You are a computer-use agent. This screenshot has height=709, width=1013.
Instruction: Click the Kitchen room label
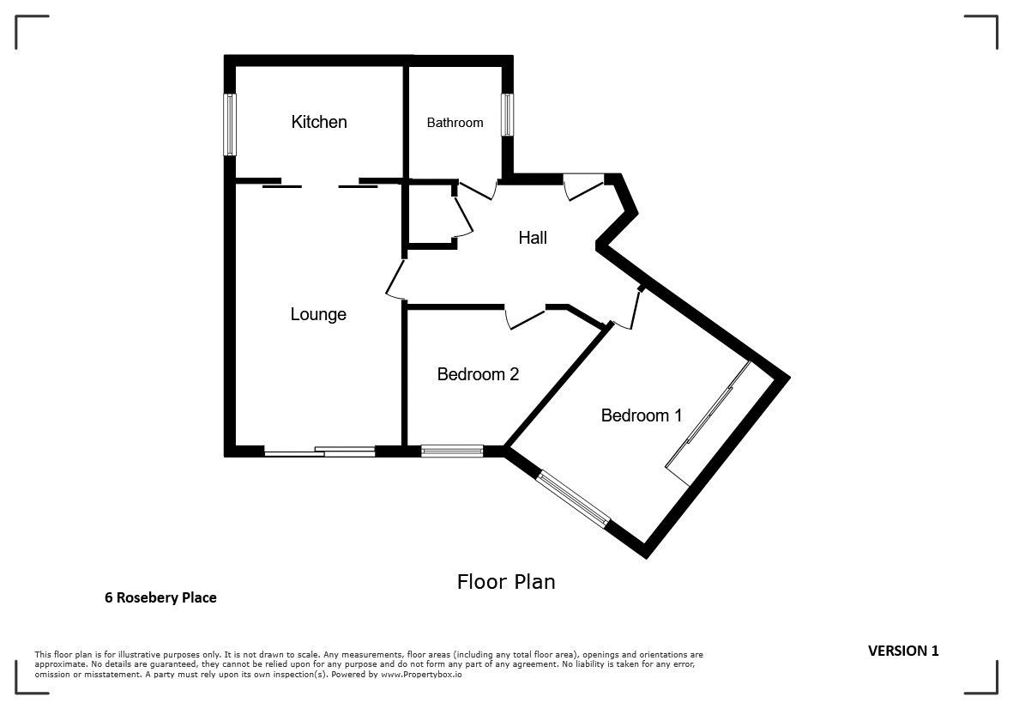[319, 122]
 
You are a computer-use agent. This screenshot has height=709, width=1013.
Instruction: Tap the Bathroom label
[455, 123]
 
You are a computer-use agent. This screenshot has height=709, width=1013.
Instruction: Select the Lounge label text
[318, 314]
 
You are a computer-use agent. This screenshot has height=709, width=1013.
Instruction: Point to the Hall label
[533, 238]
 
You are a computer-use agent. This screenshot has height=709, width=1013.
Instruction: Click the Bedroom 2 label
[478, 374]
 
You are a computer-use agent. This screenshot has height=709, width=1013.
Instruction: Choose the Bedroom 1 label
[642, 415]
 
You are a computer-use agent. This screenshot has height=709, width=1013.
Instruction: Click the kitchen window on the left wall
[229, 124]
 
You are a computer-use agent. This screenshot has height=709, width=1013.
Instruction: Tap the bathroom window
[508, 115]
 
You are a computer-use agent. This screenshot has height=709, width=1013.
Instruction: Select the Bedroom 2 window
[452, 451]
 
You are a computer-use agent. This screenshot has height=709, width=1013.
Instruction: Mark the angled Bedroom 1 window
[574, 499]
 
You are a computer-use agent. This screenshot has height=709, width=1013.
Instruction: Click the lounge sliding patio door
[320, 451]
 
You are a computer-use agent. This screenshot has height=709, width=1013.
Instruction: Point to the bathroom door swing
[478, 190]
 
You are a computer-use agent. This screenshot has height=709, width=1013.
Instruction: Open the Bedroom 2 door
[525, 318]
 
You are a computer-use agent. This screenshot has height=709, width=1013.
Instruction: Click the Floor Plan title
[506, 582]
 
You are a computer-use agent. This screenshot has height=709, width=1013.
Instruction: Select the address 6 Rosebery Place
[161, 597]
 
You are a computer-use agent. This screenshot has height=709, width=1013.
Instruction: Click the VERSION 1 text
[903, 651]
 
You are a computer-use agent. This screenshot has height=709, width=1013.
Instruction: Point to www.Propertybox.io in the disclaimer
[421, 674]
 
